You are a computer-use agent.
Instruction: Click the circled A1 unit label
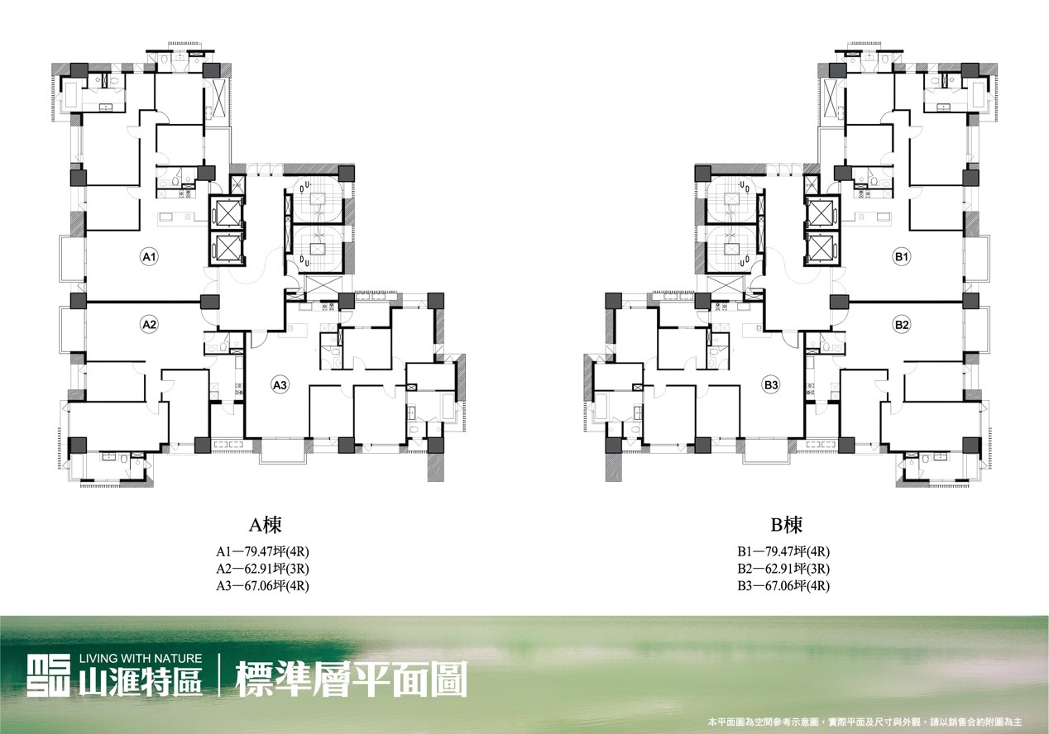149,257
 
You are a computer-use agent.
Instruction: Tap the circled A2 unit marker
149,325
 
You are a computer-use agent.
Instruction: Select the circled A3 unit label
280,385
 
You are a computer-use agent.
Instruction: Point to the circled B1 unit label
902,257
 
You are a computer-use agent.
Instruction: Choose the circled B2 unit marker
902,325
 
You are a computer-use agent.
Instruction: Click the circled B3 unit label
771,385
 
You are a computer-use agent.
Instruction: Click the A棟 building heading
265,526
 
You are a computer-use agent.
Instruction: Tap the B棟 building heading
786,526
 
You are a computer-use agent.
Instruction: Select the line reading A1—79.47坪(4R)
262,552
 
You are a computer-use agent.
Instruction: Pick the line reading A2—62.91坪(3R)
262,569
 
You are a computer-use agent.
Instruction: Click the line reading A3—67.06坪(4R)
262,586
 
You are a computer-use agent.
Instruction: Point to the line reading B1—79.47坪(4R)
783,552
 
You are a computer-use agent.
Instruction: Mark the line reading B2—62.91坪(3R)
783,569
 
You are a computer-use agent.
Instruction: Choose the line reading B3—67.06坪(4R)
783,586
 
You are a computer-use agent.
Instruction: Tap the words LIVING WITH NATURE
141,659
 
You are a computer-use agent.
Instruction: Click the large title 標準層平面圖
352,679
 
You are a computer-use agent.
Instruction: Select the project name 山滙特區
141,682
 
